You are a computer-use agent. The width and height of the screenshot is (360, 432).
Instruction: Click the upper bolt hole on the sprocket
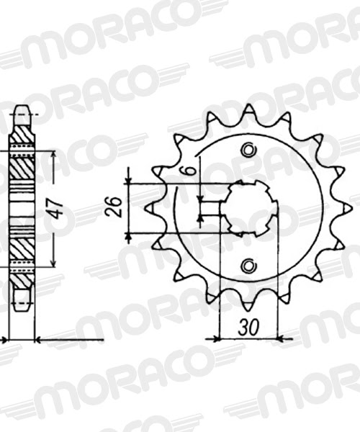click(248, 150)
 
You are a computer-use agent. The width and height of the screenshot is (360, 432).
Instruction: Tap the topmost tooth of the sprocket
click(248, 109)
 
